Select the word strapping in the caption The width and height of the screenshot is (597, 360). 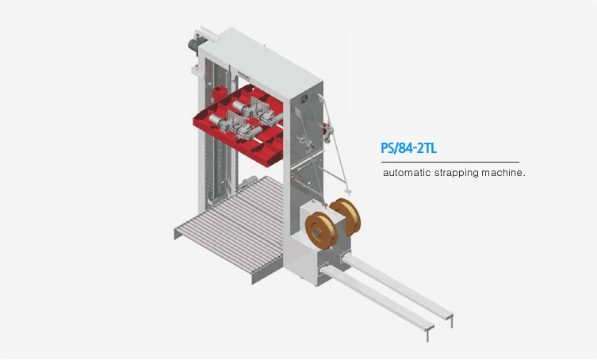[456, 172]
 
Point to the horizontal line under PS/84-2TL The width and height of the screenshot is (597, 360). [450, 162]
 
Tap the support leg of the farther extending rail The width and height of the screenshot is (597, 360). [451, 320]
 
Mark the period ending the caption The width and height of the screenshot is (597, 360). [525, 175]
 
